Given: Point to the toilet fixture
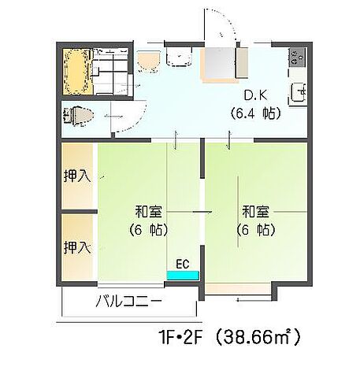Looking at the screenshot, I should pos(79,115).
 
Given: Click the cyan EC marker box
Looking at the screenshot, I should pos(183,274).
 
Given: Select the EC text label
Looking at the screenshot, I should pos(183,264).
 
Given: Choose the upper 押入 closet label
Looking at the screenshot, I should pos(77,175).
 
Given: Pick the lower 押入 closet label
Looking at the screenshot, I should pos(77,246).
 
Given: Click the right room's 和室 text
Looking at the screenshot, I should pos(255,211).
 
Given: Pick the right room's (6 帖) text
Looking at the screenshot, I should pos(255,230).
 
